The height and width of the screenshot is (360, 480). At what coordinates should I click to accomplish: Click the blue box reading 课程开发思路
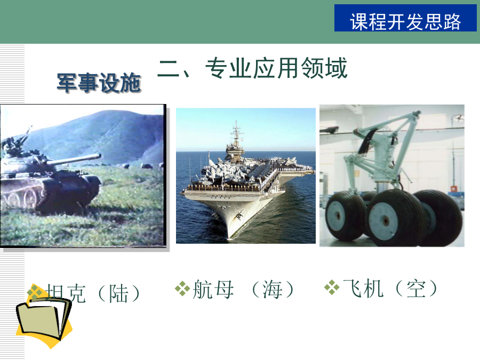tap(405, 18)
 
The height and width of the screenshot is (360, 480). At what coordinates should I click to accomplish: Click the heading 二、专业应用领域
tap(253, 68)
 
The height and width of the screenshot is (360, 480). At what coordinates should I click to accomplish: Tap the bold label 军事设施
tap(99, 83)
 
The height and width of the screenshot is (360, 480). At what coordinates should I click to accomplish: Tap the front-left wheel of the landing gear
tap(345, 215)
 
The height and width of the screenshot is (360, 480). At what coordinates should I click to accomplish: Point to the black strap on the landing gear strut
tap(366, 141)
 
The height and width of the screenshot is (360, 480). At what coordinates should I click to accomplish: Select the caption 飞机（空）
tap(390, 289)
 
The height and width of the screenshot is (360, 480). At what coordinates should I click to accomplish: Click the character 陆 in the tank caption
tap(119, 293)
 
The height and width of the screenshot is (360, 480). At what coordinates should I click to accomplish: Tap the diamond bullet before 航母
tap(182, 289)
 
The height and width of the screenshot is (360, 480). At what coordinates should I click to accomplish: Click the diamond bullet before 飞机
tap(332, 288)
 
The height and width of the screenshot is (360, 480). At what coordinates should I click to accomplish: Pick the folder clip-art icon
tap(44, 318)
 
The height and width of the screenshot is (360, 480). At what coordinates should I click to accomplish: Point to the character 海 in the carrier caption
tap(273, 289)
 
